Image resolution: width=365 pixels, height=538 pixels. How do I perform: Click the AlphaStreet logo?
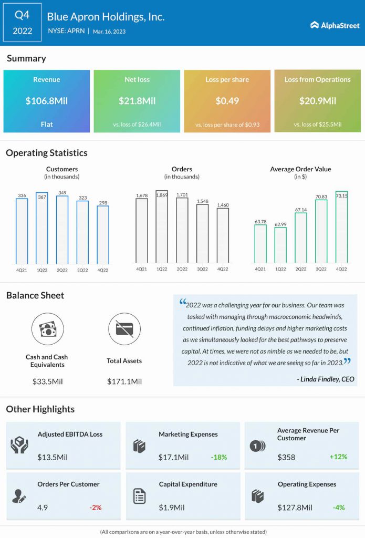pyautogui.click(x=335, y=25)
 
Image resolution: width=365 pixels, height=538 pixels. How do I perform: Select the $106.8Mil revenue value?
pyautogui.click(x=47, y=101)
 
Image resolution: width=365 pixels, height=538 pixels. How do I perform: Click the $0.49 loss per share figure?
pyautogui.click(x=227, y=101)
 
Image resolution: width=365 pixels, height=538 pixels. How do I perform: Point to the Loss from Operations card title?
pyautogui.click(x=317, y=80)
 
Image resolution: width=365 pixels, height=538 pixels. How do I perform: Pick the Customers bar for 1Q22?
pyautogui.click(x=41, y=229)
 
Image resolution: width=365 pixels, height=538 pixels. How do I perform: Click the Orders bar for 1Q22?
pyautogui.click(x=162, y=227)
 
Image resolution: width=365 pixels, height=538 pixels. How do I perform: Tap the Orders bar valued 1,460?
pyautogui.click(x=223, y=236)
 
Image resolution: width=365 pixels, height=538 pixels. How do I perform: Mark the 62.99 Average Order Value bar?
pyautogui.click(x=280, y=245)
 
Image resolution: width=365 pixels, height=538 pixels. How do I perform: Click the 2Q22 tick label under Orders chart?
pyautogui.click(x=182, y=269)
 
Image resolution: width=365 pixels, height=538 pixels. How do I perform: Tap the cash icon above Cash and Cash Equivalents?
pyautogui.click(x=47, y=329)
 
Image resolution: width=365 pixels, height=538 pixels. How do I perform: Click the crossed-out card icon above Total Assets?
pyautogui.click(x=124, y=329)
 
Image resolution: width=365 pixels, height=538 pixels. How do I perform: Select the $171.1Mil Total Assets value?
pyautogui.click(x=124, y=381)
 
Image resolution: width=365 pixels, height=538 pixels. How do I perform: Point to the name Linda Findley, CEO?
pyautogui.click(x=325, y=379)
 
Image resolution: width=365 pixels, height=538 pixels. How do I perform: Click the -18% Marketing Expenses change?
pyautogui.click(x=218, y=457)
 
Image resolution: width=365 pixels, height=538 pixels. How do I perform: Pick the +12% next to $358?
pyautogui.click(x=338, y=457)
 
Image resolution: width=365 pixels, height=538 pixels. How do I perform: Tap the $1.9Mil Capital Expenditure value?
pyautogui.click(x=172, y=508)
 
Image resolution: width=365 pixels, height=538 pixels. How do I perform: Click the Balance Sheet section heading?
pyautogui.click(x=35, y=295)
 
